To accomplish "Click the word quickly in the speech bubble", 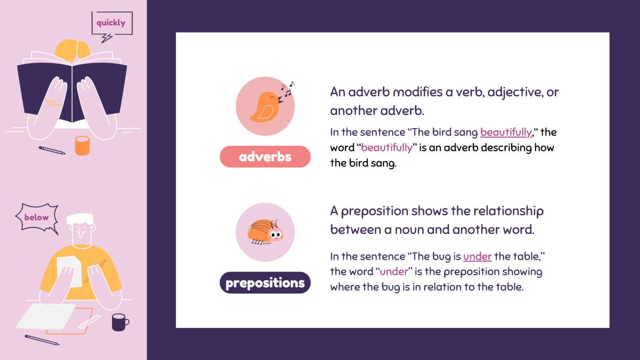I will pos(111,22).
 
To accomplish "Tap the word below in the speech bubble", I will pos(37,217).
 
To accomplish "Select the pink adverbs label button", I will pos(265,157).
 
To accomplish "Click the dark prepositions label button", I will pos(265,283).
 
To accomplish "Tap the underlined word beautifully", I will pos(506,132).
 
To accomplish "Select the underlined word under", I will pos(477,256).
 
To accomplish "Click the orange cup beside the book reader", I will pos(82,145).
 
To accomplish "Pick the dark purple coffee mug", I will pos(119,322).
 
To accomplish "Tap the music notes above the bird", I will pos(288,89).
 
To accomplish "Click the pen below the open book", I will pos(52,150).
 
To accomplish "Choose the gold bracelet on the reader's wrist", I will pos(53,103).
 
